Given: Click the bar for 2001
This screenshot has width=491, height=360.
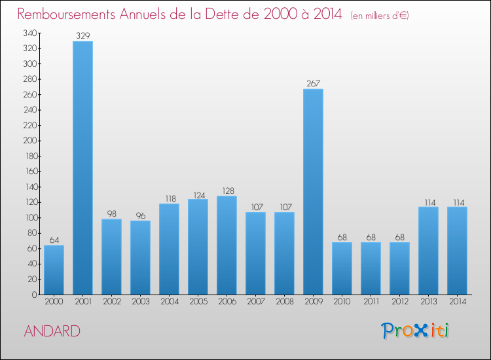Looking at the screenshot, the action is pyautogui.click(x=82, y=168).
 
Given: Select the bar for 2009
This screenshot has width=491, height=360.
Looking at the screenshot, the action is pyautogui.click(x=313, y=192).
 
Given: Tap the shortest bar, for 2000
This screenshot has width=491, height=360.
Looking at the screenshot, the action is pyautogui.click(x=54, y=270).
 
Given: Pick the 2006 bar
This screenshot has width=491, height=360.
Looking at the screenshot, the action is pyautogui.click(x=227, y=245).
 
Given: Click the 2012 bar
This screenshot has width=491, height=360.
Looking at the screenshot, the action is pyautogui.click(x=399, y=268).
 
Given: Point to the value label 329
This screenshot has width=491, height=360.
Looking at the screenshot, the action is pyautogui.click(x=83, y=36).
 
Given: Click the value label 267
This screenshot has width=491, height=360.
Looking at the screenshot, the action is pyautogui.click(x=314, y=83).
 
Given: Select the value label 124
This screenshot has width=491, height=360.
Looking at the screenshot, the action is pyautogui.click(x=199, y=195).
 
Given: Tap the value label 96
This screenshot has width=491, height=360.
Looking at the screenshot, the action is pyautogui.click(x=141, y=216).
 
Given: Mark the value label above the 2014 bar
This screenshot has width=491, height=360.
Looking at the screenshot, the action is pyautogui.click(x=459, y=202).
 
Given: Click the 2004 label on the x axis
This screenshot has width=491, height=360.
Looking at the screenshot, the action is pyautogui.click(x=170, y=302).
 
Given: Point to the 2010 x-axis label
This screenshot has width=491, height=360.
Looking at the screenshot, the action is pyautogui.click(x=342, y=302).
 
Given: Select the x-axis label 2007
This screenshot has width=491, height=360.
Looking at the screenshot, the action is pyautogui.click(x=256, y=302).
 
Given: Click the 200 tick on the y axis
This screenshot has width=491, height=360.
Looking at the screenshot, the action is pyautogui.click(x=30, y=141).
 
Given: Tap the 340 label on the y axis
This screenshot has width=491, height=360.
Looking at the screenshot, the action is pyautogui.click(x=30, y=33).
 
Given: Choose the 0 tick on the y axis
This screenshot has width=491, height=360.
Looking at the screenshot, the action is pyautogui.click(x=35, y=295).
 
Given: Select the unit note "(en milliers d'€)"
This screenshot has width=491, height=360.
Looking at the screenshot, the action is pyautogui.click(x=380, y=16).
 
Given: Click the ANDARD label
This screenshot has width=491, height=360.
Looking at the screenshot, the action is pyautogui.click(x=52, y=331).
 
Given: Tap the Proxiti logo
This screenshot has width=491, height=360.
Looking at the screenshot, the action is pyautogui.click(x=415, y=331).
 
